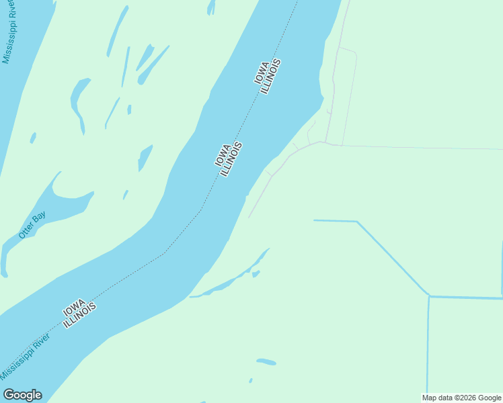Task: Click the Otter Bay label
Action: pyautogui.click(x=32, y=225)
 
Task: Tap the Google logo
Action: pyautogui.click(x=22, y=395)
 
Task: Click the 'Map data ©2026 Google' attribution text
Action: pyautogui.click(x=462, y=398)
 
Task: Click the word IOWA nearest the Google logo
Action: pyautogui.click(x=74, y=308)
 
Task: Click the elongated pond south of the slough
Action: pyautogui.click(x=266, y=361)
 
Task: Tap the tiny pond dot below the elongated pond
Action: pyautogui.click(x=251, y=380)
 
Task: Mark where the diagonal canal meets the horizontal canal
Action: pyautogui.click(x=429, y=296)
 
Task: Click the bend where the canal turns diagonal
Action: pyautogui.click(x=356, y=221)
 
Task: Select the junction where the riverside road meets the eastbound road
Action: pyautogui.click(x=324, y=142)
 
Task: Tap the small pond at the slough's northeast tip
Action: pyautogui.click(x=256, y=273)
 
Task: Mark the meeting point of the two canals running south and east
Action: pyautogui.click(x=429, y=296)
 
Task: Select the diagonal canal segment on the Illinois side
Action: pyautogui.click(x=393, y=258)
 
